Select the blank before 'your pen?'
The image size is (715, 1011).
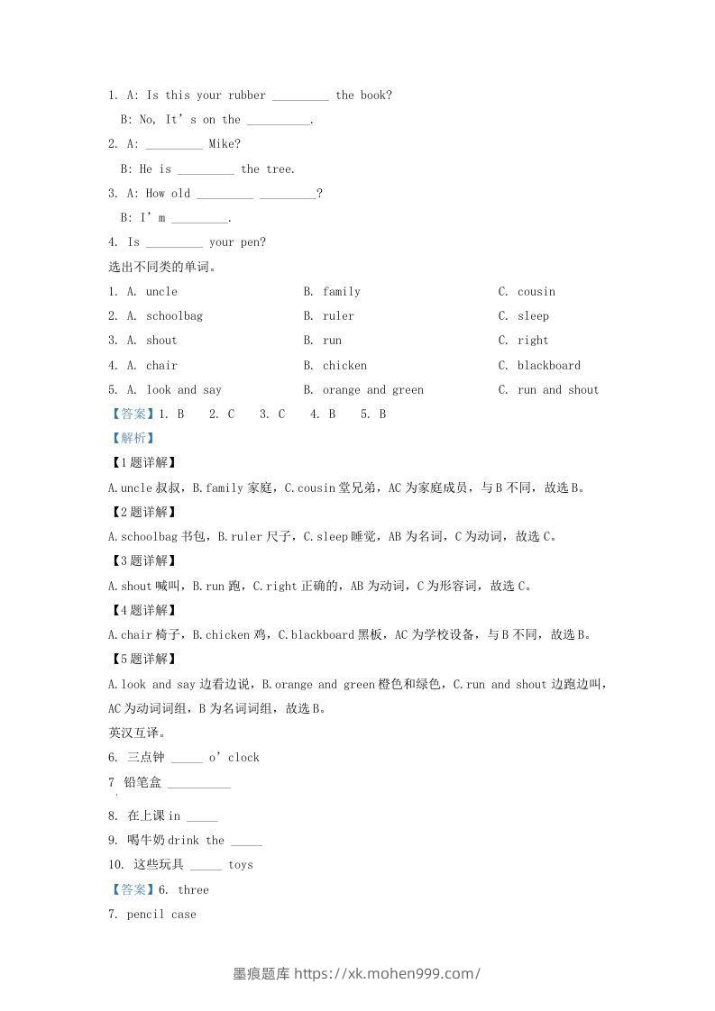click(174, 243)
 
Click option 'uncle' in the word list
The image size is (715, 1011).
click(161, 291)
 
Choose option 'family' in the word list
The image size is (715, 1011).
click(342, 291)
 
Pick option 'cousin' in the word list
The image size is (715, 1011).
click(536, 291)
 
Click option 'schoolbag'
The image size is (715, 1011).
click(174, 315)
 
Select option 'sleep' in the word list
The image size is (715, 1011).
click(533, 315)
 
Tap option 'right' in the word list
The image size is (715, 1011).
click(533, 340)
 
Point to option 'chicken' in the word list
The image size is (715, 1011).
click(344, 365)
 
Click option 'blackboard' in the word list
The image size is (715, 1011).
click(548, 365)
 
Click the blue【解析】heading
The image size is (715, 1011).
click(132, 438)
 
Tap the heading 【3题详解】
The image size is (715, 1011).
click(141, 560)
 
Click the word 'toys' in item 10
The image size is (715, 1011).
click(241, 864)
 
